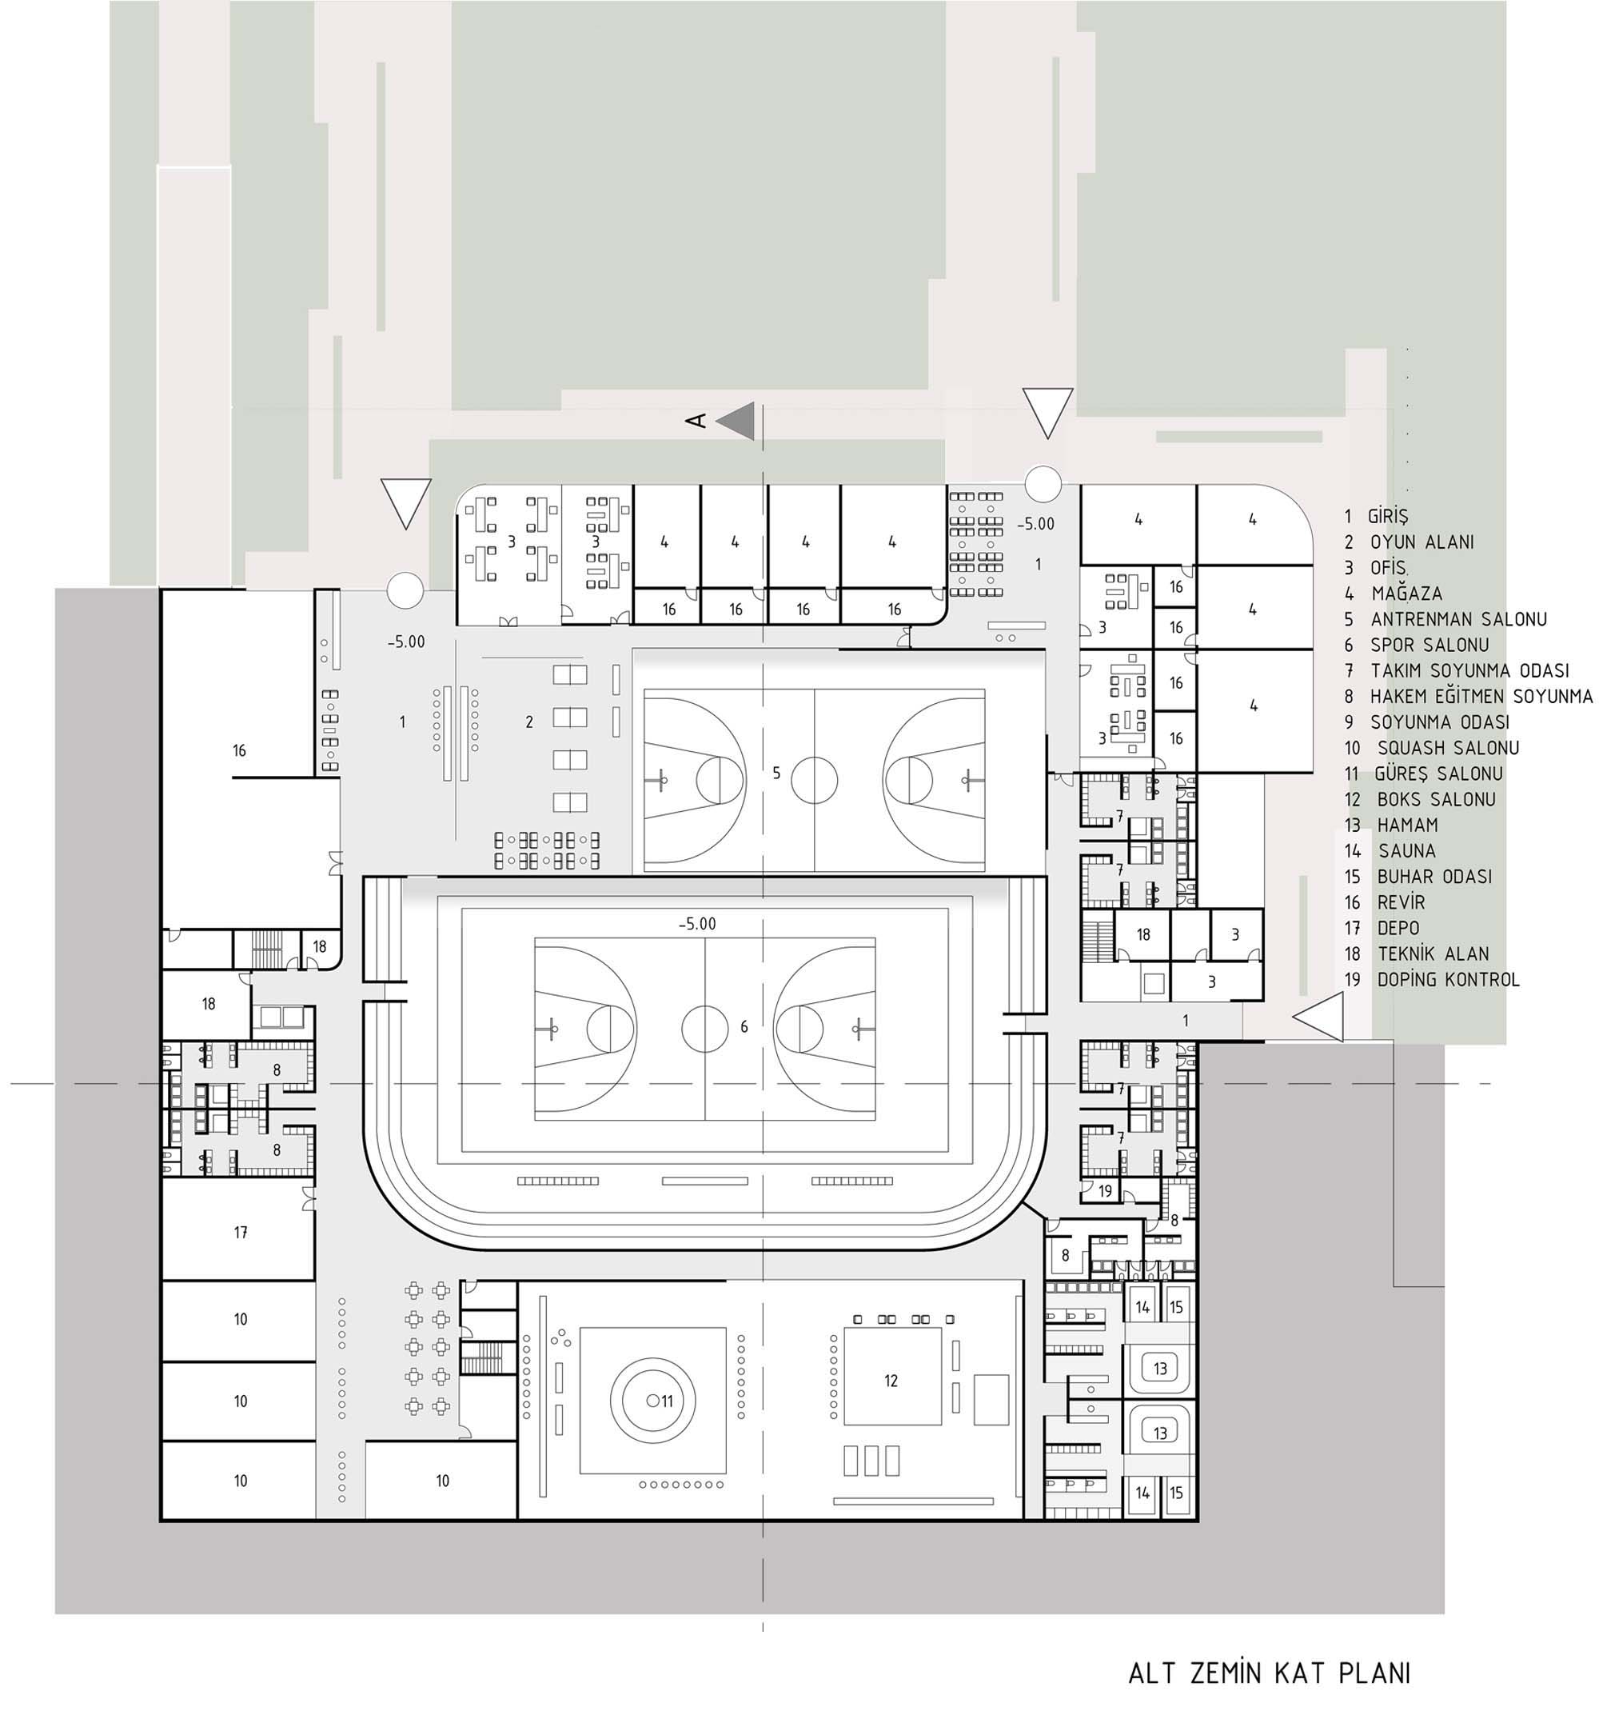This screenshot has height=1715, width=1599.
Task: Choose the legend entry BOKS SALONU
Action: [1436, 800]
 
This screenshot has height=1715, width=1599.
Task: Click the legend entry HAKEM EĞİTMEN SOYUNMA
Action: [1481, 696]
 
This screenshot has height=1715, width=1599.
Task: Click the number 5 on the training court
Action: [776, 774]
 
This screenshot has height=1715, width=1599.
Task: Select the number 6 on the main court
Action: [744, 1026]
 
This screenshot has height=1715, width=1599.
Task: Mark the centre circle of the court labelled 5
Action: [814, 780]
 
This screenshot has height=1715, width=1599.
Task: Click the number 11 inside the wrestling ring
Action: [667, 1401]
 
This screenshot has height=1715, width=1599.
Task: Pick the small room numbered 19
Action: [1105, 1191]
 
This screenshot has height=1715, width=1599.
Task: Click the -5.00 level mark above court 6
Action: [697, 924]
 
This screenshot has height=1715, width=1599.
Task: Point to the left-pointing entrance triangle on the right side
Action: [1318, 1016]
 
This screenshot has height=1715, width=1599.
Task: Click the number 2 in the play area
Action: [529, 722]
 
